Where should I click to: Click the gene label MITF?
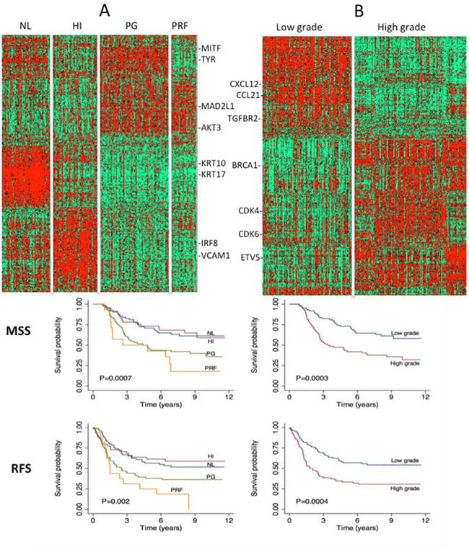(211, 48)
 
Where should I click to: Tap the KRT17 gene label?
(214, 174)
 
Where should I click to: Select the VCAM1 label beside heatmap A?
(216, 256)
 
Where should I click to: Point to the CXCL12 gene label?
(245, 84)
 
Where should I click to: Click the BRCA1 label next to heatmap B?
(245, 165)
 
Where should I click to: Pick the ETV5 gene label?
(250, 258)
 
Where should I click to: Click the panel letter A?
(105, 11)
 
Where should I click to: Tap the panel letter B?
(359, 11)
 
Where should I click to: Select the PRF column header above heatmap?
(180, 25)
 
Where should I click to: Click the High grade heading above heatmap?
(401, 27)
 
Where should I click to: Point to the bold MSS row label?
(19, 331)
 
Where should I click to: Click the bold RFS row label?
(22, 468)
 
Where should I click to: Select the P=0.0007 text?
(115, 378)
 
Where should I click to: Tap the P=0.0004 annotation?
(312, 502)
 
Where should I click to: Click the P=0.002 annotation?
(115, 502)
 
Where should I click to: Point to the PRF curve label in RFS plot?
(177, 490)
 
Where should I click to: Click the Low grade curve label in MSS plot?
(405, 333)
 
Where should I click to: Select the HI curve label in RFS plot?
(211, 456)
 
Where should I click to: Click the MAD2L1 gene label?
(218, 106)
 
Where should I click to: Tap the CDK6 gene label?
(249, 234)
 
